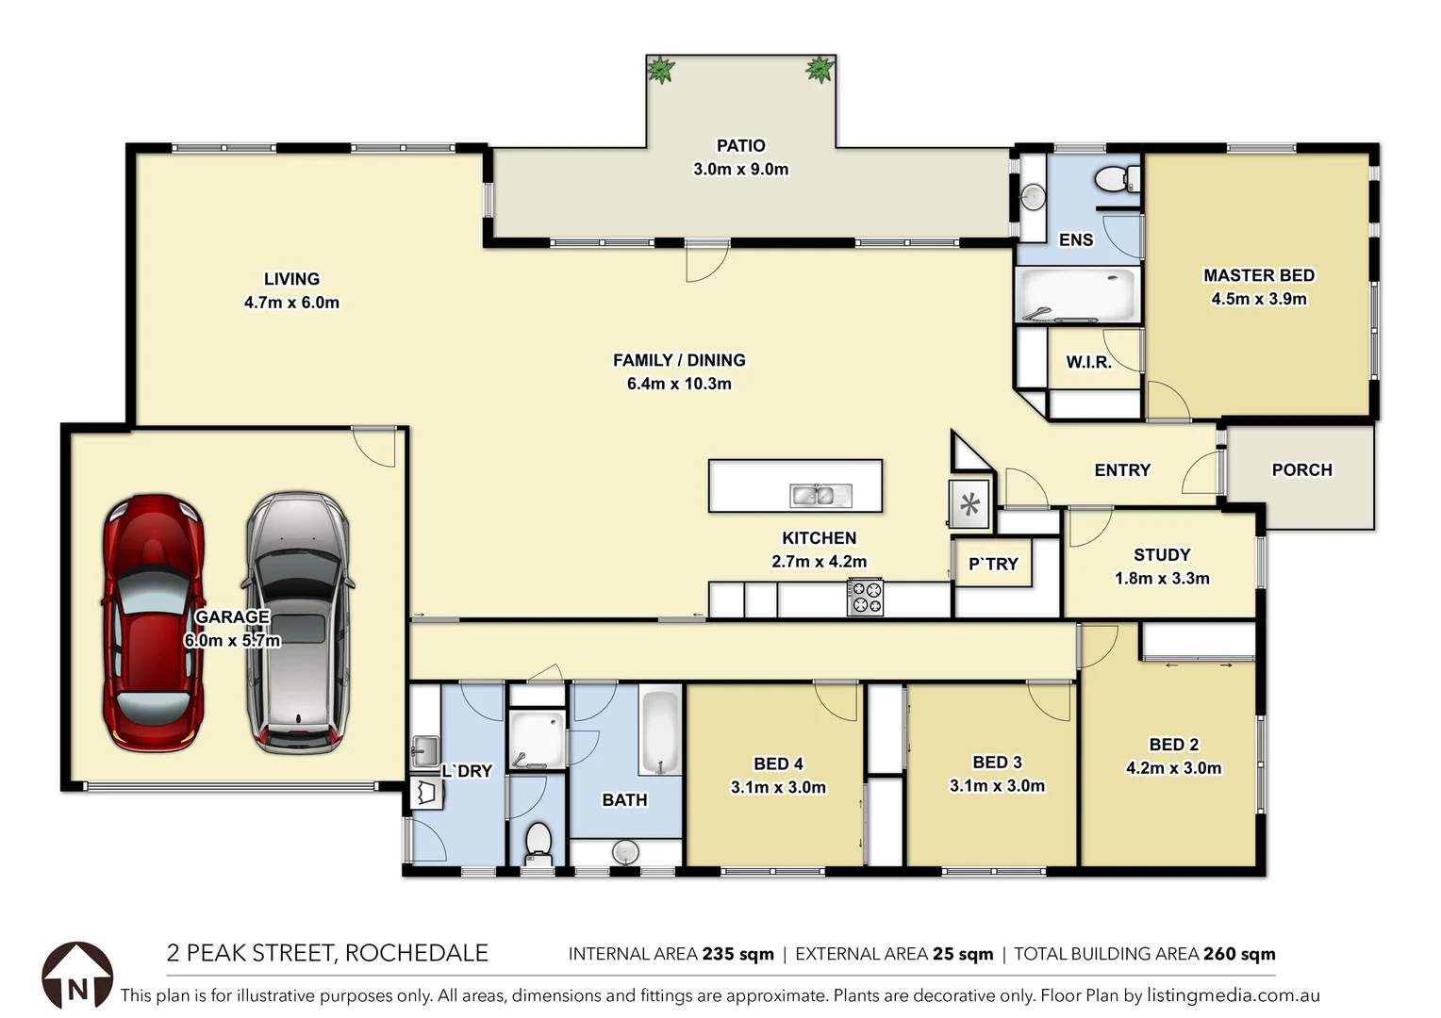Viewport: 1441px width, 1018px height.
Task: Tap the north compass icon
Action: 77,976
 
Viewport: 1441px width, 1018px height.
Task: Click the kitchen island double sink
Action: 820,494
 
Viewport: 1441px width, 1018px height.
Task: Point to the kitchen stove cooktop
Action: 865,598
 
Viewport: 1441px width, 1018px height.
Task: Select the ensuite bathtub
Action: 1079,294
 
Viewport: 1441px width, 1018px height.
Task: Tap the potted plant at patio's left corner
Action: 660,70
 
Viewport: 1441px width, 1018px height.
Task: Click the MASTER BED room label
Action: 1258,275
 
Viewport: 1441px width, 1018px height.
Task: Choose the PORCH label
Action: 1301,469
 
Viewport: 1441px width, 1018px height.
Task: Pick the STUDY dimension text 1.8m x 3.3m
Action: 1162,579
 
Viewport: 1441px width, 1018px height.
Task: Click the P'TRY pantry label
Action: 993,564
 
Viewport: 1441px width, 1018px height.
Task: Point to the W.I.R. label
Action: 1088,362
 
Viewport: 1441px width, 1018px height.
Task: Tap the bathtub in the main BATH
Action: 660,731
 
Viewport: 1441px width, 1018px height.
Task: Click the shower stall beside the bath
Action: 537,739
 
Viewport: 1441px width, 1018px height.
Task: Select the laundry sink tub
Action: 424,751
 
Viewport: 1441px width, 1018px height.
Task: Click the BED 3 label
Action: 997,762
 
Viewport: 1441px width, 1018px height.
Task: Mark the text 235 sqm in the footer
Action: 737,954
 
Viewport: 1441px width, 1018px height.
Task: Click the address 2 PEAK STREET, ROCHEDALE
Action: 327,953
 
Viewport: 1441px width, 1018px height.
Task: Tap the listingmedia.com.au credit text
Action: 1233,995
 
